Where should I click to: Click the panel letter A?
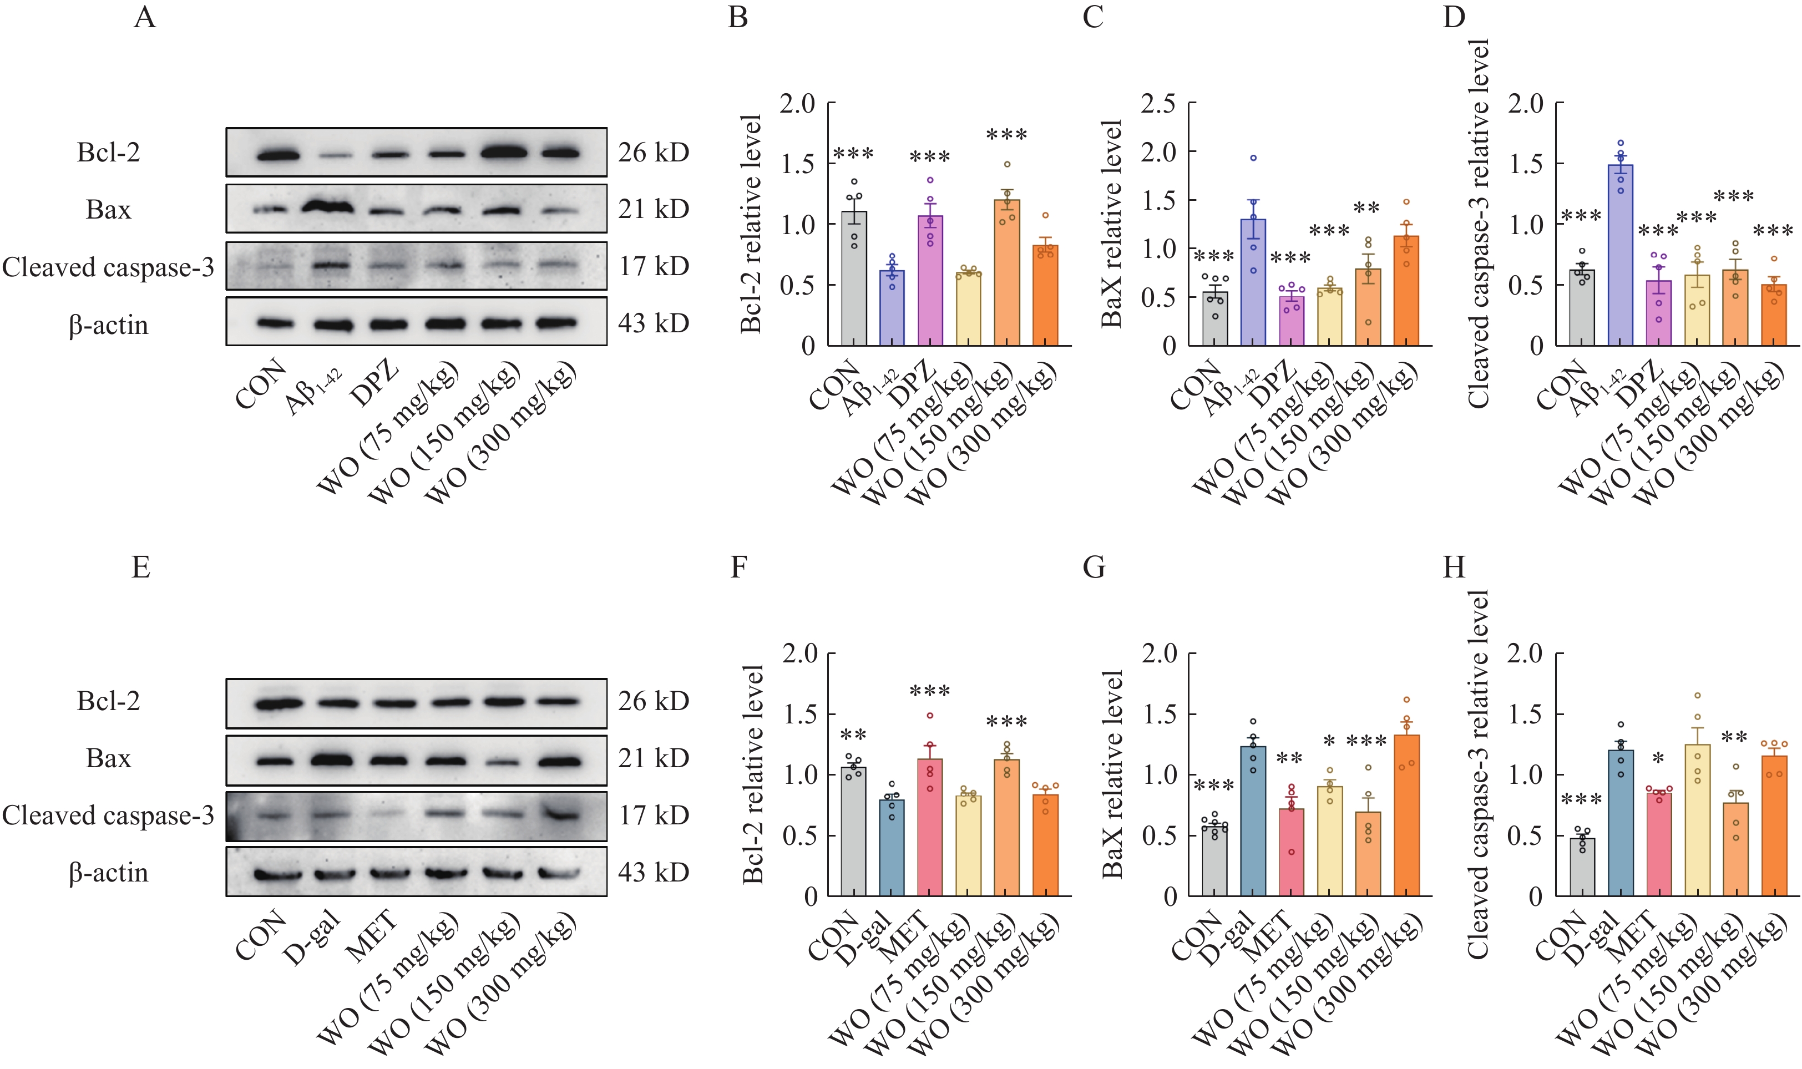(x=145, y=16)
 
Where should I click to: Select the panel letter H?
(x=1454, y=568)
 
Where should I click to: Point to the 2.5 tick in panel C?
(x=1158, y=104)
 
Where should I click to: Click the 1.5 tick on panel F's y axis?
(x=799, y=715)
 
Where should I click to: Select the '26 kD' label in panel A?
(x=653, y=152)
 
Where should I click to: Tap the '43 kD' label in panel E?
(x=653, y=873)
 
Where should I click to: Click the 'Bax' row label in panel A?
(x=108, y=210)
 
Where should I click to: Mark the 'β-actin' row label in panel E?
(x=108, y=873)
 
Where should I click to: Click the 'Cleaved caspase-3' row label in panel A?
(x=108, y=267)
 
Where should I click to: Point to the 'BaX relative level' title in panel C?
(x=1111, y=224)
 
